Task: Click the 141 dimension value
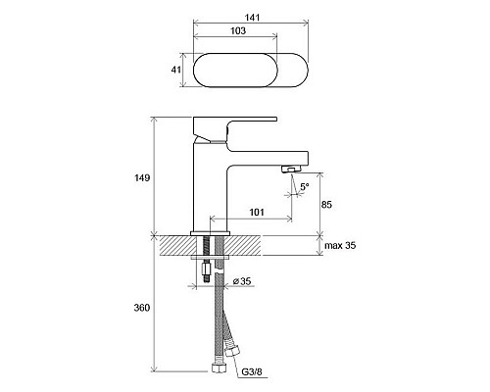[x=253, y=18]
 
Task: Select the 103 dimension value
[x=238, y=30]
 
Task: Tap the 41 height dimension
[x=176, y=70]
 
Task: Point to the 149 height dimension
[x=142, y=178]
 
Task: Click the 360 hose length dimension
[x=142, y=308]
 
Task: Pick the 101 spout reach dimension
[x=257, y=213]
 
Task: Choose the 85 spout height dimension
[x=326, y=205]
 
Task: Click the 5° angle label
[x=305, y=187]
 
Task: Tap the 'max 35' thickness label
[x=340, y=245]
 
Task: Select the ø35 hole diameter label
[x=242, y=281]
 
